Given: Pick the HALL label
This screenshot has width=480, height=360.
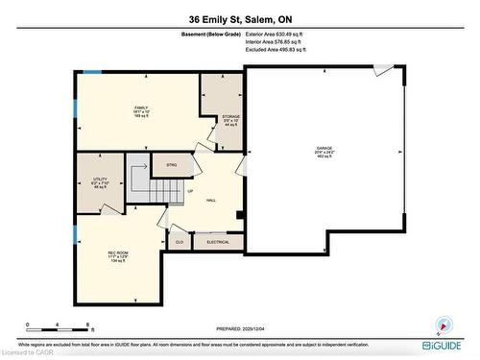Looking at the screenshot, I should (210, 200).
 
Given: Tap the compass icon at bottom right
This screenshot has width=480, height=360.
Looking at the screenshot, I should (443, 324).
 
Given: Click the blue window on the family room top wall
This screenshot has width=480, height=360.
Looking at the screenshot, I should (92, 72).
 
